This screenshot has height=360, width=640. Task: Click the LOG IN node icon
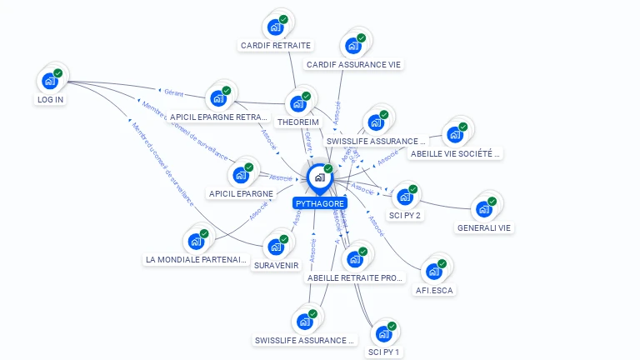coord(50,81)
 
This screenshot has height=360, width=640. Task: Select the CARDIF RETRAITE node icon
coord(274,26)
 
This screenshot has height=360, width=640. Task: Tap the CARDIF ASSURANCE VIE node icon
coord(352,45)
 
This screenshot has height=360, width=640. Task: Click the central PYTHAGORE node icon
coord(319,177)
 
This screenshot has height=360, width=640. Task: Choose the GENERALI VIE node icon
coord(483,209)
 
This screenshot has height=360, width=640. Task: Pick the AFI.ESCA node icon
coord(433,272)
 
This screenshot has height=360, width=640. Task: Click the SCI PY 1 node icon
coord(383,333)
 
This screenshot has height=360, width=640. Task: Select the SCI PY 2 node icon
coord(405,197)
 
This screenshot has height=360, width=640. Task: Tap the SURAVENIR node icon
coord(276,247)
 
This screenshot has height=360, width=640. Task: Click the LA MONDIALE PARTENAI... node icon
coord(196,241)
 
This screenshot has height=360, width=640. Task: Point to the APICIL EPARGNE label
coord(241,193)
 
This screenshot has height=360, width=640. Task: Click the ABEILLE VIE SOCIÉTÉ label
coord(456,153)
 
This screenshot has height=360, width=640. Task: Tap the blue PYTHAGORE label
coord(320,203)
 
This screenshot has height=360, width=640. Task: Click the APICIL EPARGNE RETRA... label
coord(219,117)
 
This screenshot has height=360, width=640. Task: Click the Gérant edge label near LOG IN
coord(173,93)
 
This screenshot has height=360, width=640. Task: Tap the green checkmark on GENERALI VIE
coord(492,201)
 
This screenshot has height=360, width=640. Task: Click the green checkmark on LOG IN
coord(58,72)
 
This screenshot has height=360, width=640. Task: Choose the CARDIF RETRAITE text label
coord(275,45)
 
